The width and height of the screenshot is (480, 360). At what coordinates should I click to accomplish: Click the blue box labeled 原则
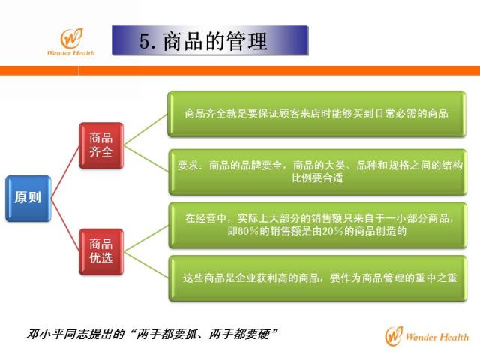(28, 198)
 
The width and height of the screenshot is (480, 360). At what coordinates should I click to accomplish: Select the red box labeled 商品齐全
(101, 145)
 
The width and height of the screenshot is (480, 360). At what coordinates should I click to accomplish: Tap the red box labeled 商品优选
(101, 252)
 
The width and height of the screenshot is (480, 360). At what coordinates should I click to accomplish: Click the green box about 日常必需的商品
(316, 114)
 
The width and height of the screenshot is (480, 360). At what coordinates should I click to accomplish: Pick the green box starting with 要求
(317, 172)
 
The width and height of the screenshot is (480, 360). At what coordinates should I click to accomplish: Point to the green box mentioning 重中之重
(318, 278)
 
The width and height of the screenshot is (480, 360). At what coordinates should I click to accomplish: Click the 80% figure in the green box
(243, 231)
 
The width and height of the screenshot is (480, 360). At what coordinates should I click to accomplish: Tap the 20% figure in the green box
(332, 231)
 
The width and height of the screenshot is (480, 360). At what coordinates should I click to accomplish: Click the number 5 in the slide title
(145, 41)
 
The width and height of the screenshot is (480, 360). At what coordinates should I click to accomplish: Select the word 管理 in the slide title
(247, 41)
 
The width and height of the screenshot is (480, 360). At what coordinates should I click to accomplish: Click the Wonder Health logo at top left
(71, 42)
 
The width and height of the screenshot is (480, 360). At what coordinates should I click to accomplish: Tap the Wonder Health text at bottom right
(436, 337)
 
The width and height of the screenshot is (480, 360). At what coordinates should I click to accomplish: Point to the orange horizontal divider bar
(240, 70)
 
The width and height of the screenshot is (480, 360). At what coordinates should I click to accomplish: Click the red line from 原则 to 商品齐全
(65, 172)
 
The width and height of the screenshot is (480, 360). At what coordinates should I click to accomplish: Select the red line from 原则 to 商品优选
(65, 225)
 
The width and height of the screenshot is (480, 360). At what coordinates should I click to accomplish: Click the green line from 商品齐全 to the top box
(146, 130)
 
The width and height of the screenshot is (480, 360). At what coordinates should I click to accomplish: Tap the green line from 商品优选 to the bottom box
(146, 265)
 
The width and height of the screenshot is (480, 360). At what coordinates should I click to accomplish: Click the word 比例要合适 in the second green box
(317, 178)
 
